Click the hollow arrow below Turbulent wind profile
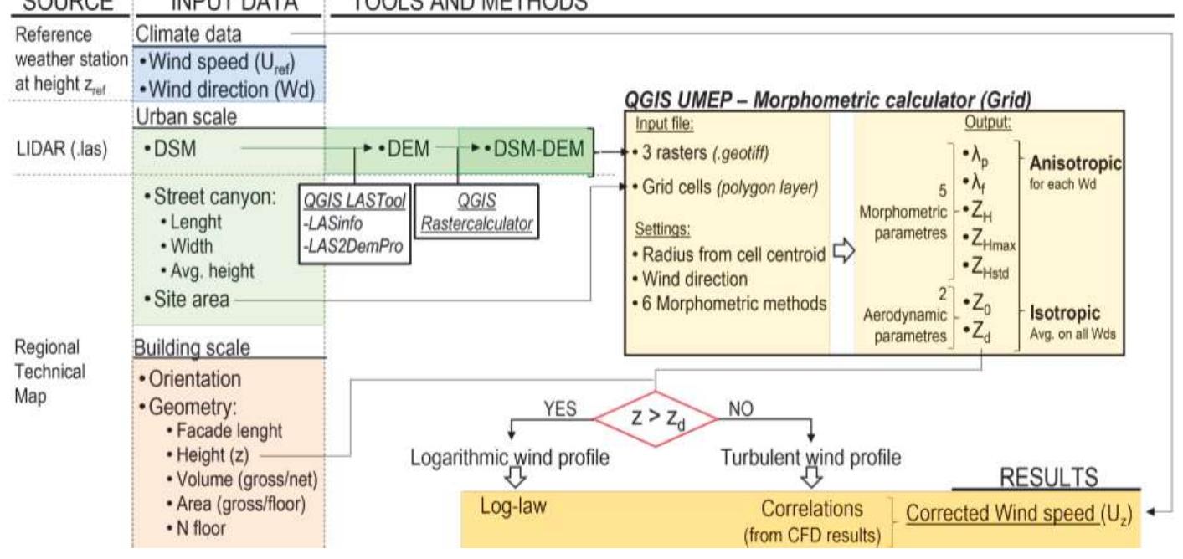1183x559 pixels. [810, 477]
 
